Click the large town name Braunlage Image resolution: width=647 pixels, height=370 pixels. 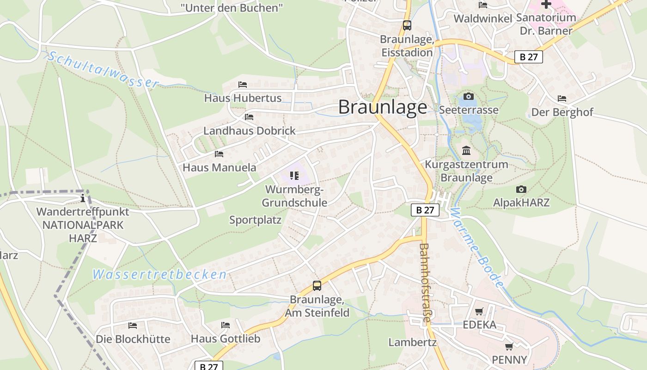coord(383,107)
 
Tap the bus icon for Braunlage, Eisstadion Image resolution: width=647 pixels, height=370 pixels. coord(407,25)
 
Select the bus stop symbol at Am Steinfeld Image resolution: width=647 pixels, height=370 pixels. coord(317,286)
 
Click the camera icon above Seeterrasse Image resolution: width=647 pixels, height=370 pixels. coord(469,96)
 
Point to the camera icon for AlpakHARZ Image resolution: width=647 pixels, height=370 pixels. coord(521,189)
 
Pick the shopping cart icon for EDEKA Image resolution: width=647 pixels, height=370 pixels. coord(479,311)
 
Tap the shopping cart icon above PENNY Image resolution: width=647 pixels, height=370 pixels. coord(509,346)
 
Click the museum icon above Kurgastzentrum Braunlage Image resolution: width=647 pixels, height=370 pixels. coord(466,151)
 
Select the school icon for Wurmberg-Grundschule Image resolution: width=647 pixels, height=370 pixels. coord(294,176)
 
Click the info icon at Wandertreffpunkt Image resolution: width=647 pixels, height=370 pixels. coord(83,198)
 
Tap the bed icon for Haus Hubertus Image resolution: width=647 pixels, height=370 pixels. coord(243,85)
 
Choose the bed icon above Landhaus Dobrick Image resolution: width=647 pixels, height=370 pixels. coord(249,117)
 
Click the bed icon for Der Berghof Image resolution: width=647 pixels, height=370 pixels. coord(562,99)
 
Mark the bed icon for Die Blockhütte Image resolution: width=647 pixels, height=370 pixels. coord(133,326)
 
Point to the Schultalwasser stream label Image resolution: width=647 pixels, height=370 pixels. coord(103,69)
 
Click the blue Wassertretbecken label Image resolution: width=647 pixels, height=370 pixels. coord(159,275)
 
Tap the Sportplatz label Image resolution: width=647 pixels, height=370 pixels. coord(255,220)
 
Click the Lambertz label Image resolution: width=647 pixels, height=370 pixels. coord(412,342)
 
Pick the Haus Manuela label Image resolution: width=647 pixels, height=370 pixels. coord(219,167)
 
